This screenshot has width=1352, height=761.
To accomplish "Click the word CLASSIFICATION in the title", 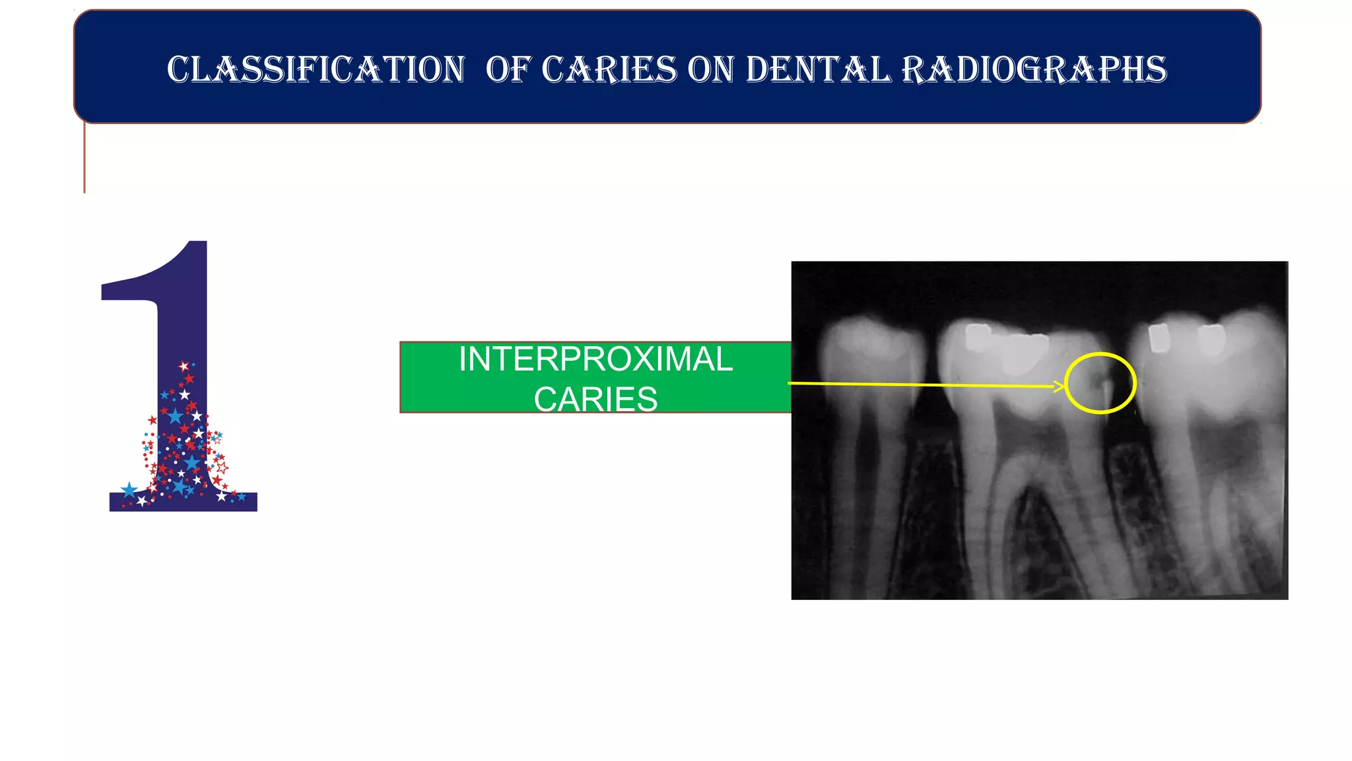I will pyautogui.click(x=316, y=70).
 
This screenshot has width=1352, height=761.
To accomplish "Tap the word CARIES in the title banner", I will pyautogui.click(x=609, y=70).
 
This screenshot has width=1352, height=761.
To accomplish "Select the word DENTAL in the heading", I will pyautogui.click(x=818, y=70).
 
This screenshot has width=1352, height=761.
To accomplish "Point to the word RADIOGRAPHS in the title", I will pyautogui.click(x=1034, y=70).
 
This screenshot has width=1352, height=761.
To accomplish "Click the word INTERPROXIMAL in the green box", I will pyautogui.click(x=595, y=360).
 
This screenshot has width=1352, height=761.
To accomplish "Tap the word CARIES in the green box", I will pyautogui.click(x=595, y=399).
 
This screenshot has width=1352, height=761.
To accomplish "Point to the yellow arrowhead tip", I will pyautogui.click(x=1064, y=386).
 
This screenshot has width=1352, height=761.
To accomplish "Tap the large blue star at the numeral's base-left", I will pyautogui.click(x=129, y=489).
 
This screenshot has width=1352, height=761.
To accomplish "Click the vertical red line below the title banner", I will pyautogui.click(x=84, y=159).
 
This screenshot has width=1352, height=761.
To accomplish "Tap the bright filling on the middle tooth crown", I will pyautogui.click(x=1023, y=357).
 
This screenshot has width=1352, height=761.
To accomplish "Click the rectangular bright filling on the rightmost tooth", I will pyautogui.click(x=1159, y=338).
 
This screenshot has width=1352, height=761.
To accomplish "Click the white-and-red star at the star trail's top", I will pyautogui.click(x=184, y=365).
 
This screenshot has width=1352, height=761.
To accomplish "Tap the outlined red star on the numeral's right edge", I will pyautogui.click(x=222, y=468).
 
